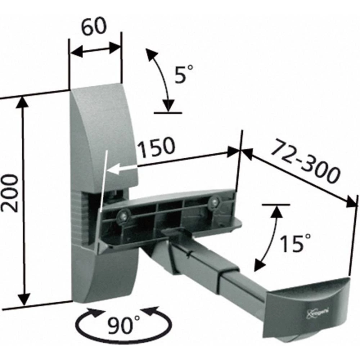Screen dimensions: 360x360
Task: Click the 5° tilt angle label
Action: coord(184,74)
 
